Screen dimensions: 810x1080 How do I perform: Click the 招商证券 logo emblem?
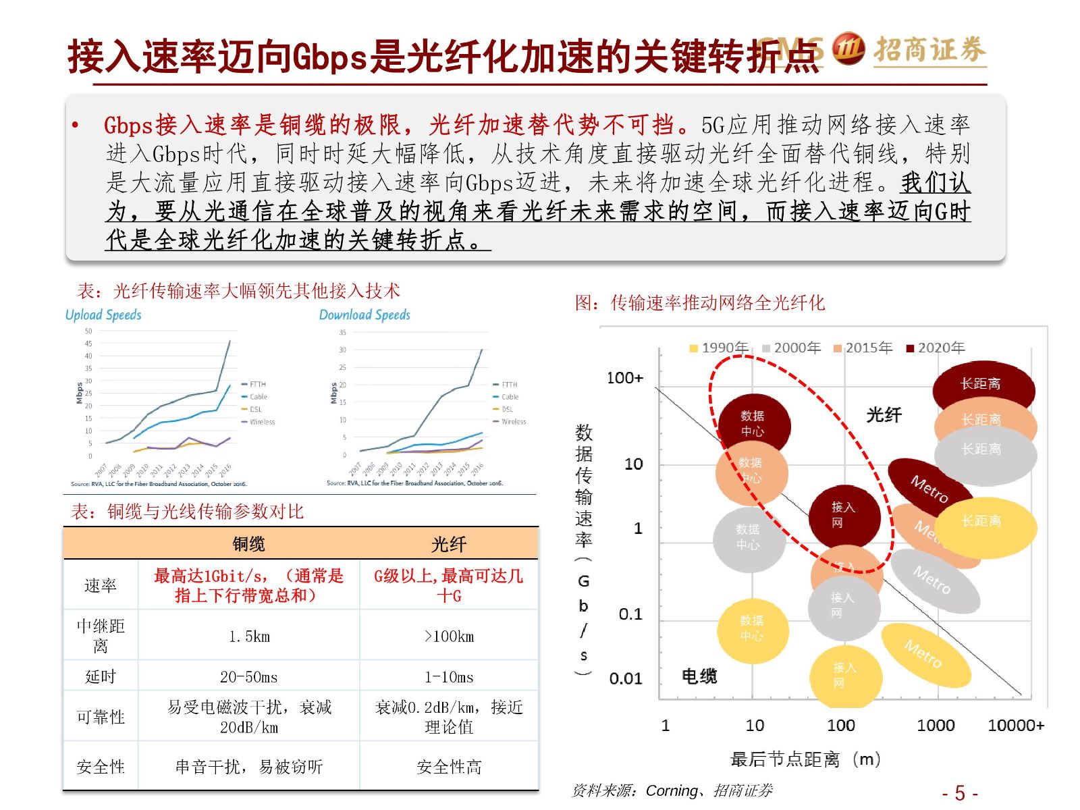tap(848, 49)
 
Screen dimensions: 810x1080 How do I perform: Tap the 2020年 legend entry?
tap(936, 348)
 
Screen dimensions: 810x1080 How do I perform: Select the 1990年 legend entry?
tap(719, 348)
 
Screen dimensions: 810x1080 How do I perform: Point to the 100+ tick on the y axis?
tap(624, 378)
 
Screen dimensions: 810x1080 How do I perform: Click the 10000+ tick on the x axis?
tap(1015, 726)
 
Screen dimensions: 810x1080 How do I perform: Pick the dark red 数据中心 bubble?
tap(753, 423)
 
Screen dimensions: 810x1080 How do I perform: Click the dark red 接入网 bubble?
tap(844, 515)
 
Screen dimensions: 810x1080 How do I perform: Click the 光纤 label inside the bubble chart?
tap(884, 414)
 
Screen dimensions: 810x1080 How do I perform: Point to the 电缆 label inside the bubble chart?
tap(699, 676)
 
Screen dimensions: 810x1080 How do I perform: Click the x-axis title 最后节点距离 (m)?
tap(805, 759)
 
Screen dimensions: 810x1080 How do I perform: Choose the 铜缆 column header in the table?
tap(248, 544)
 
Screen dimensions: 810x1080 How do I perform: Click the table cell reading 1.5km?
tap(248, 637)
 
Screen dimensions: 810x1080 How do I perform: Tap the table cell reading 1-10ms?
tap(449, 677)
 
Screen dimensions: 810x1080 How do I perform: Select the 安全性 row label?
tap(101, 767)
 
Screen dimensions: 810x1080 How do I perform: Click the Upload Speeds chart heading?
tap(103, 315)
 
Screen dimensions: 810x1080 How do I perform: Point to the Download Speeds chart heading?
tap(364, 315)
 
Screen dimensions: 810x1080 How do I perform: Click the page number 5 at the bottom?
tap(960, 793)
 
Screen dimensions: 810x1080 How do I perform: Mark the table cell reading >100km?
tap(449, 637)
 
